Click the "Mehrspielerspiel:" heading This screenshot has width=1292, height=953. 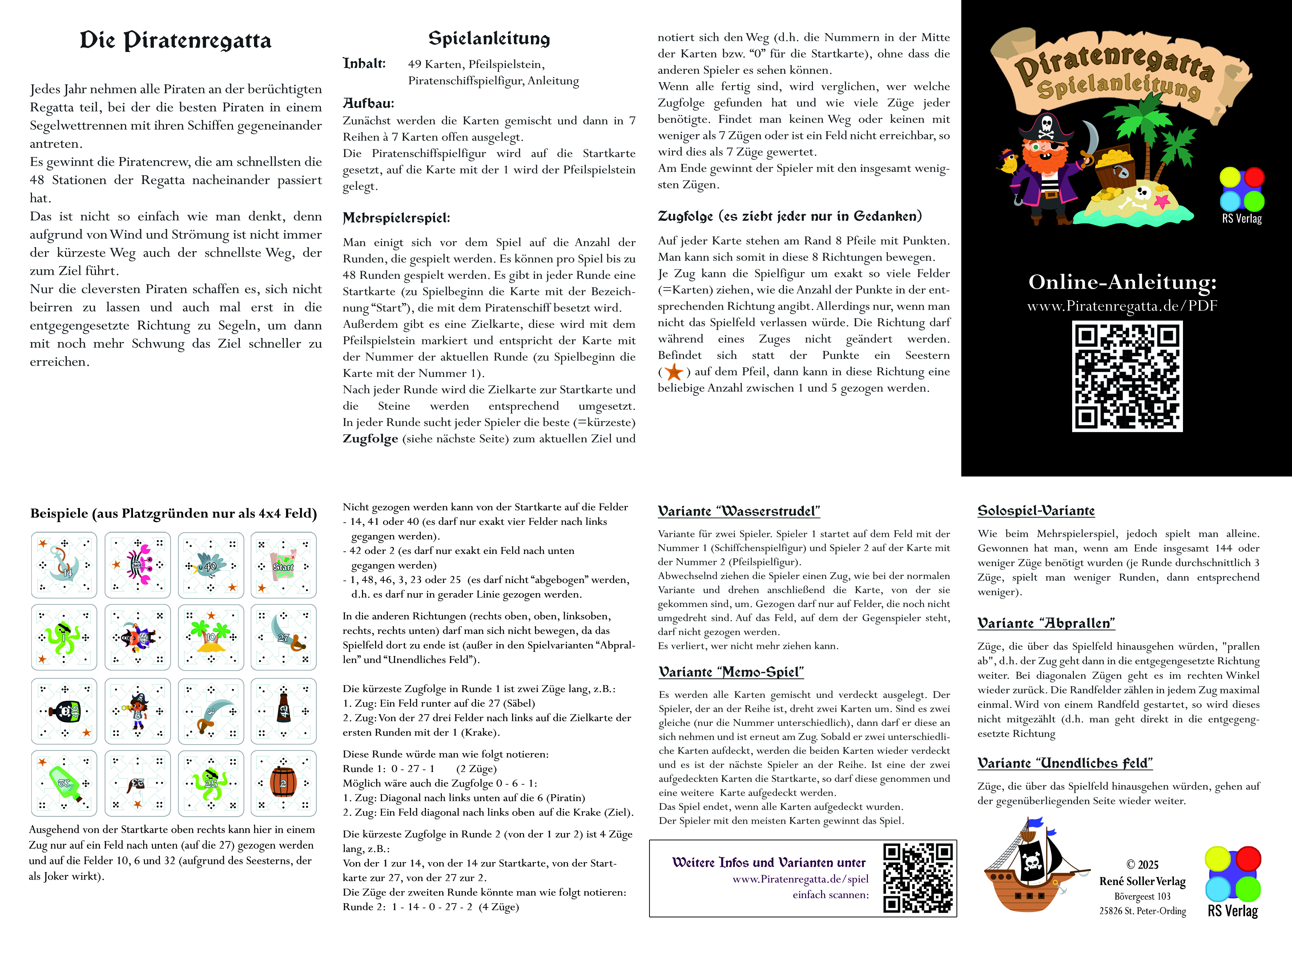point(396,218)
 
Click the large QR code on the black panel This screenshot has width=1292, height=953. point(1127,376)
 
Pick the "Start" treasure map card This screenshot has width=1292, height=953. point(283,565)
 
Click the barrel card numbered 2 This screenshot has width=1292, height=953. point(283,783)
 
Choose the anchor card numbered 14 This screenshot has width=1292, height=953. point(64,565)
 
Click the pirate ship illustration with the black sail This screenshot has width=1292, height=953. point(1033,863)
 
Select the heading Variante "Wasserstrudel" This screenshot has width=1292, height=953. point(738,511)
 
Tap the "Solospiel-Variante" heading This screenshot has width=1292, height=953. point(1035,511)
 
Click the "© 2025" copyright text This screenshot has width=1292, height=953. point(1142,864)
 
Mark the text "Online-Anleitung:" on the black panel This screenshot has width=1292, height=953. point(1122,282)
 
